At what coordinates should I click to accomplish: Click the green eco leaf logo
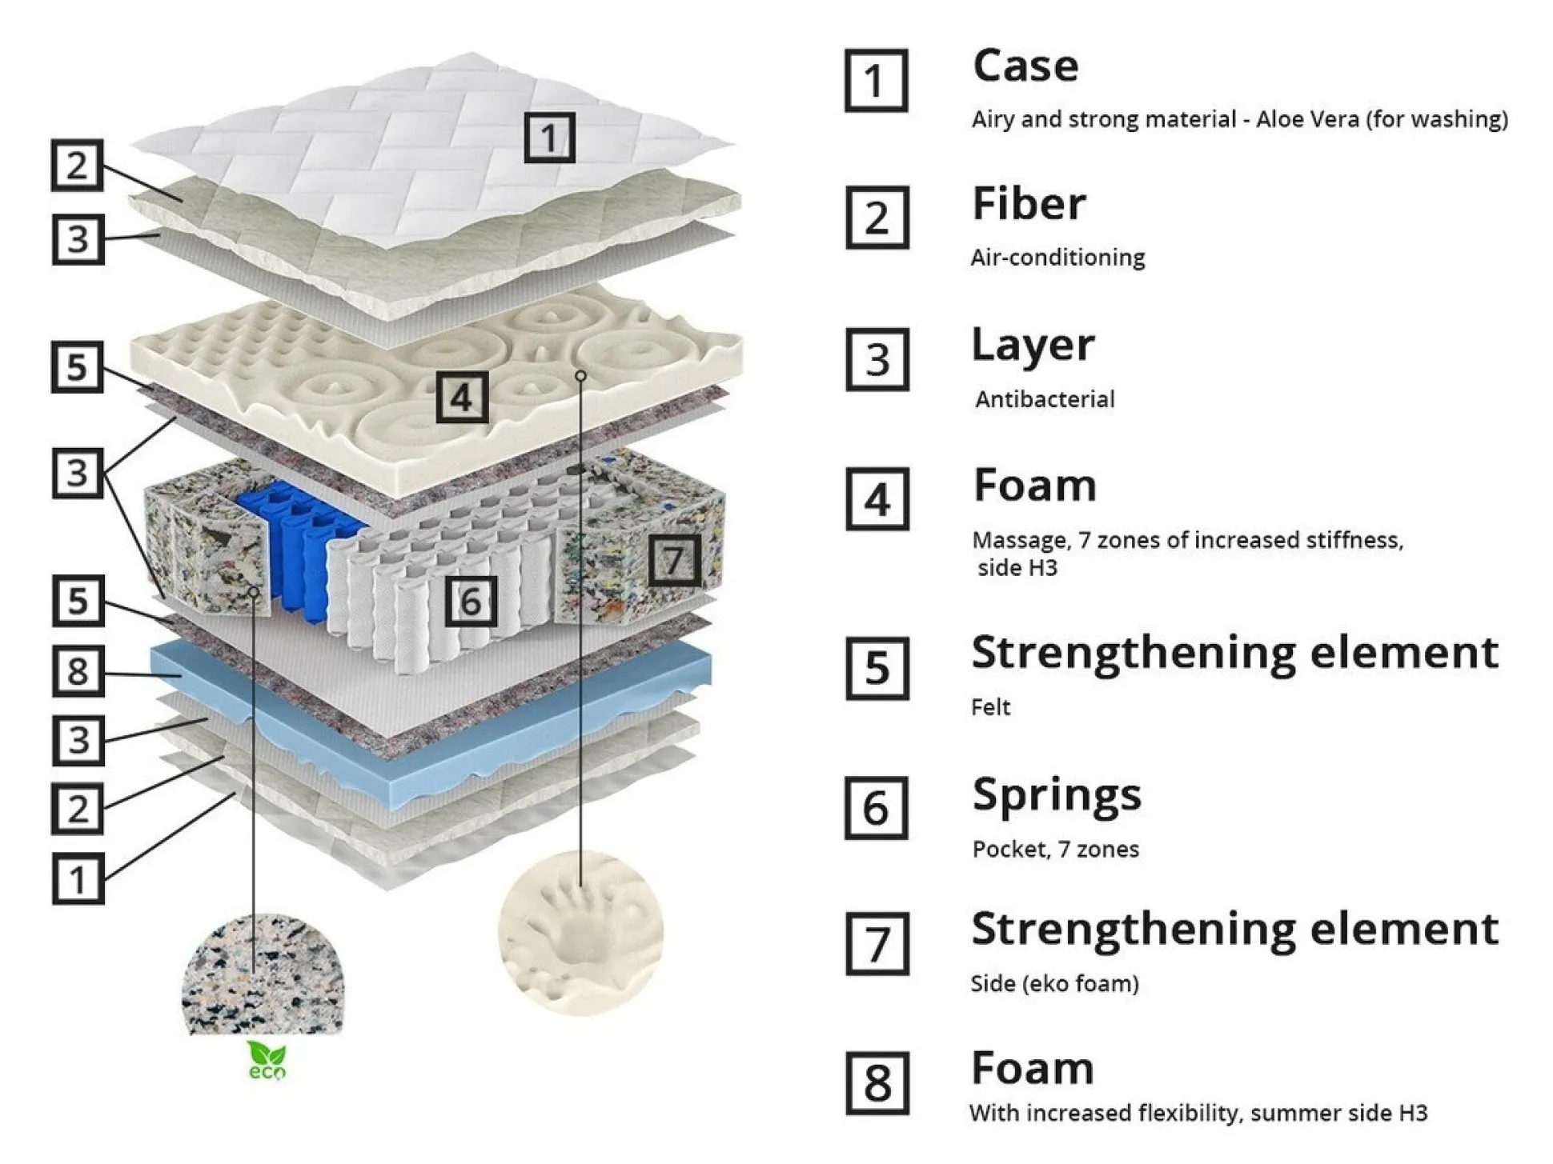(266, 1061)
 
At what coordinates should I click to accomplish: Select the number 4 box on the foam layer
(462, 397)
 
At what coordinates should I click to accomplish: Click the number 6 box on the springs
(471, 601)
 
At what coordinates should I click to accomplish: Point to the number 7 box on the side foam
(674, 560)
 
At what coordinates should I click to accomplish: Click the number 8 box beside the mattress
(78, 670)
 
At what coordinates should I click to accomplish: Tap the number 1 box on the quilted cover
(549, 138)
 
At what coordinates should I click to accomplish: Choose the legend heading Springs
(1057, 795)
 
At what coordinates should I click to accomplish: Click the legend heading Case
(1025, 66)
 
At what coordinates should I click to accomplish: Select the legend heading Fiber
(1029, 204)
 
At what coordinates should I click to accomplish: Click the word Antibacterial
(1045, 399)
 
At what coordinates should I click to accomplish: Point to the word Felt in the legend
(990, 707)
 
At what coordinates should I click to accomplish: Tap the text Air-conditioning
(1057, 258)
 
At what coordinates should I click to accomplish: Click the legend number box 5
(877, 668)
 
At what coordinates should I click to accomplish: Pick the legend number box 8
(877, 1083)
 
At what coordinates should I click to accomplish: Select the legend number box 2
(877, 218)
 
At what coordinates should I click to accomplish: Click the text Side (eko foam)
(1054, 983)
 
